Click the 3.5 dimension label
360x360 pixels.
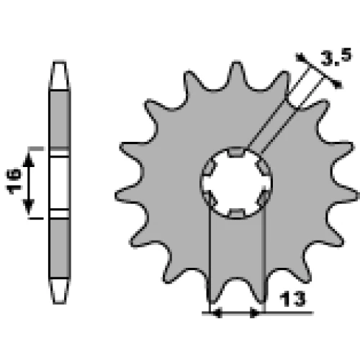336,58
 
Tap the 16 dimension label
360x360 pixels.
14,181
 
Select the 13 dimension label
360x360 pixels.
292,299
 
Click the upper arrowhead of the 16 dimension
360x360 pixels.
29,161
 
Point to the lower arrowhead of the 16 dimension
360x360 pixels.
29,206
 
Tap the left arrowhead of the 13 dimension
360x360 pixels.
217,313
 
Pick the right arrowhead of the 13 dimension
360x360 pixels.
255,313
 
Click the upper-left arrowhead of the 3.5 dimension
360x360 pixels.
300,58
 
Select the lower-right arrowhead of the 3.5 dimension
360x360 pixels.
337,84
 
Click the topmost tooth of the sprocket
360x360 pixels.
237,74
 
